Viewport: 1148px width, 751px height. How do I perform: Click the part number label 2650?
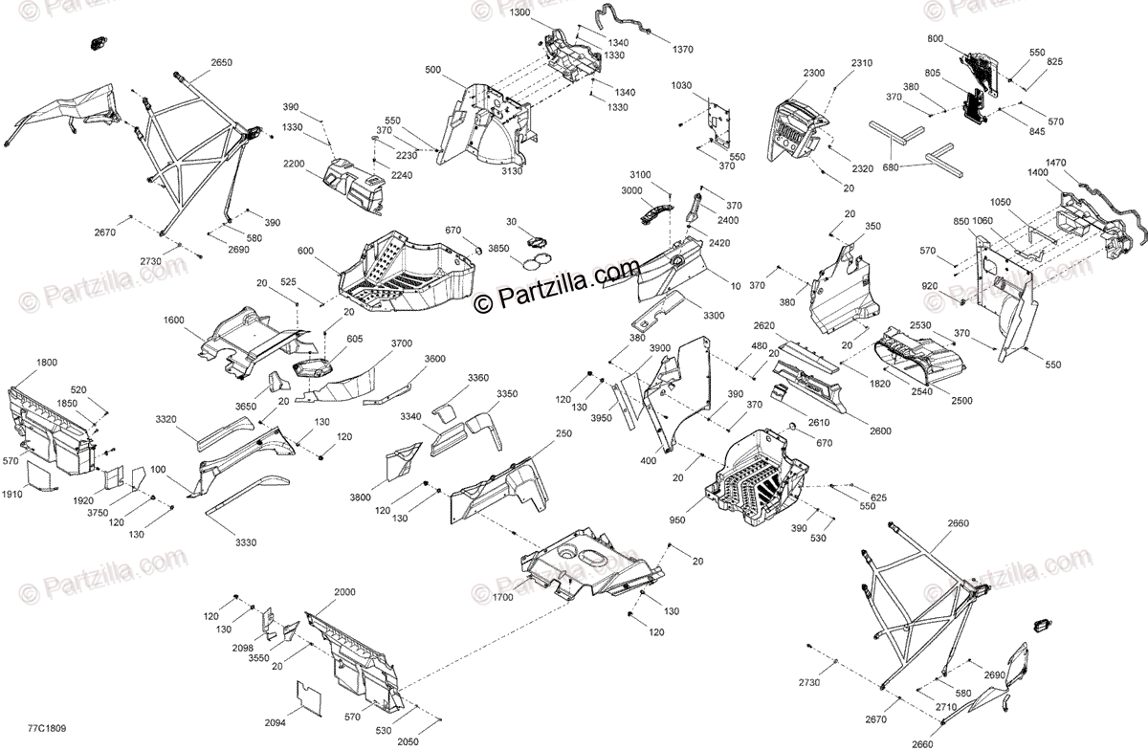(220, 62)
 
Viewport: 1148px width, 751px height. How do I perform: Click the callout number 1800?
(47, 364)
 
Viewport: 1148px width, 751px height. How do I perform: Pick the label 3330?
(245, 543)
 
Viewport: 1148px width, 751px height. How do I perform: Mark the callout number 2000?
(344, 592)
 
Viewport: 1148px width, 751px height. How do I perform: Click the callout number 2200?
(294, 164)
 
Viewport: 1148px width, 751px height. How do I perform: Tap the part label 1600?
(174, 320)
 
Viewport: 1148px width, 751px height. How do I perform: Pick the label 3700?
(402, 343)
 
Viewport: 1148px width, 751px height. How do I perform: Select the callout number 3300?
(713, 316)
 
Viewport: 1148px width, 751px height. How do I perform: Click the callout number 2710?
(947, 707)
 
